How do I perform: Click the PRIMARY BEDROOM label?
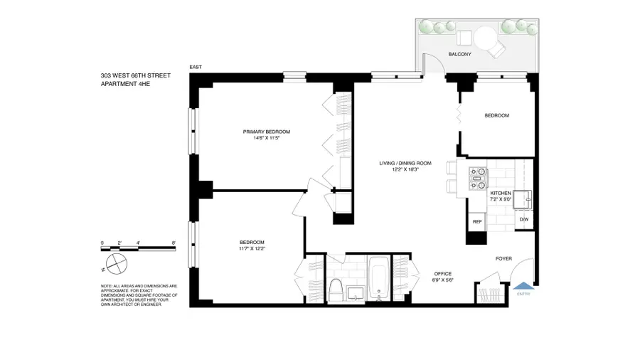[267, 132]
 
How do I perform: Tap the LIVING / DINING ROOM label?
[405, 163]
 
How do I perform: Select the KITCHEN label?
[501, 193]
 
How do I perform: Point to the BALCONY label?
[460, 54]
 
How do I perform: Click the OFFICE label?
[443, 274]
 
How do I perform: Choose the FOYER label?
[504, 259]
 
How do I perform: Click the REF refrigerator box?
[476, 221]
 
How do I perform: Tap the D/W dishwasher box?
[523, 220]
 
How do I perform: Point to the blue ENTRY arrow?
[523, 285]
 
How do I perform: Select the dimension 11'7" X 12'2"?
[252, 248]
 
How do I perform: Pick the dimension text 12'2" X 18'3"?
[405, 170]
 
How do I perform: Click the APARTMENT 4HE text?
[125, 84]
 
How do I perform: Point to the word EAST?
[196, 67]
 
